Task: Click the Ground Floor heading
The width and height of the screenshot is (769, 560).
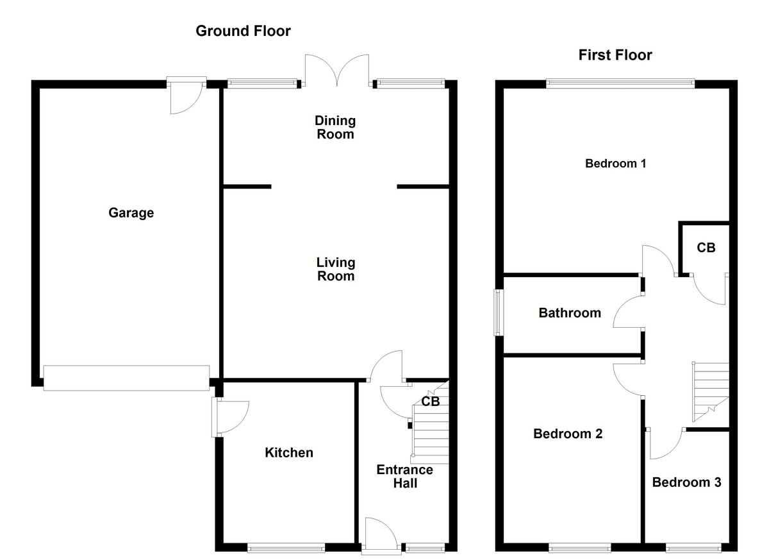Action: (x=243, y=31)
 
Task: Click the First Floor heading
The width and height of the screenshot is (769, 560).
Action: (x=615, y=55)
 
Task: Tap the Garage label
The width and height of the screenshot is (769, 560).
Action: (x=131, y=213)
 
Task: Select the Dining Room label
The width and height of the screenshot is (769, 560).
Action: (x=335, y=127)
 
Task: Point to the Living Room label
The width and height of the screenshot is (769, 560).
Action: (x=335, y=269)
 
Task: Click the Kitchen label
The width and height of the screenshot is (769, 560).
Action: (x=289, y=453)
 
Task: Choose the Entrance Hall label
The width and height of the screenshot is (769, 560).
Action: (x=404, y=476)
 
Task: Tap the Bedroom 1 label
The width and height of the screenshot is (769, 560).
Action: (x=615, y=164)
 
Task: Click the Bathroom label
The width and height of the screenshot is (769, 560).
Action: (x=570, y=313)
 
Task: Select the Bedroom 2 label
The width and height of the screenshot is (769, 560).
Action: (x=568, y=434)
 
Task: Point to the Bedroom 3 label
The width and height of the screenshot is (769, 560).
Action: (x=686, y=482)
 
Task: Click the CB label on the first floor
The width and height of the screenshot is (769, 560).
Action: (x=706, y=248)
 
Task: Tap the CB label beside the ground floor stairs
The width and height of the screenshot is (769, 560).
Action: (x=431, y=402)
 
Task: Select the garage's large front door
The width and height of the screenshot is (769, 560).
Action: (x=126, y=378)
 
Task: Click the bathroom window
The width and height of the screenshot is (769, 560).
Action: (x=497, y=312)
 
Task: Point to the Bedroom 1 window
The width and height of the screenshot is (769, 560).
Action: (x=620, y=83)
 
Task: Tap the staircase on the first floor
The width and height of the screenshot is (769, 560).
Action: (x=711, y=388)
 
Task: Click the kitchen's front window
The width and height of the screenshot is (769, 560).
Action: (x=286, y=548)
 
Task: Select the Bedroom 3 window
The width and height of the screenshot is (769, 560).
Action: (x=694, y=548)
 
